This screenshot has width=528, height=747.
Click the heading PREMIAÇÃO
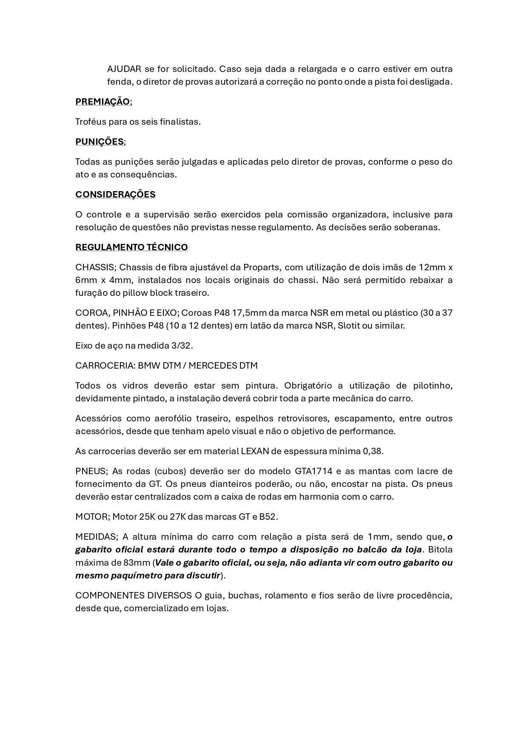(103, 102)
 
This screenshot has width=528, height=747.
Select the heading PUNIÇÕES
(100, 142)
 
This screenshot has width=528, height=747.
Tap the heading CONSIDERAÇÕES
(115, 195)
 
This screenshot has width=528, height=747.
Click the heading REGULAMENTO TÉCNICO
(131, 247)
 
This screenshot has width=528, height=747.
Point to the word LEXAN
(255, 451)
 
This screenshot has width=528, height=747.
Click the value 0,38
(373, 451)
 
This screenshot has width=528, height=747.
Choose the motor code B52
(268, 517)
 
